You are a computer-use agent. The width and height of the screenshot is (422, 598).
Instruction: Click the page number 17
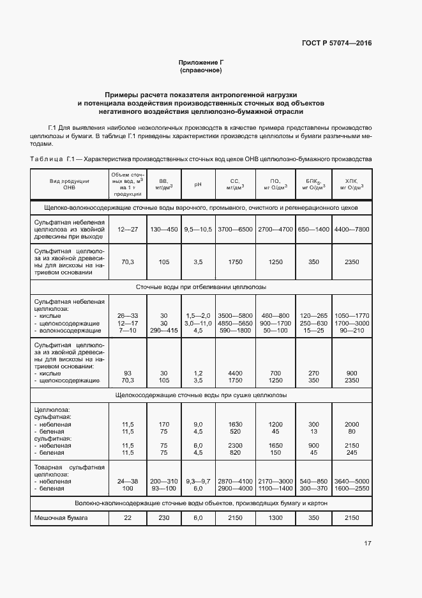368,544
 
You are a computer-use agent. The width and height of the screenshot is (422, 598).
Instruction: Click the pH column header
198,184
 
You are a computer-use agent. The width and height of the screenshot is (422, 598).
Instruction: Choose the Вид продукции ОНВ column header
69,184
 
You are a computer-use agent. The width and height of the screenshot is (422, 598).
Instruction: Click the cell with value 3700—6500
235,229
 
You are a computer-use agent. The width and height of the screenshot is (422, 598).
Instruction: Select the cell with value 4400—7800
352,229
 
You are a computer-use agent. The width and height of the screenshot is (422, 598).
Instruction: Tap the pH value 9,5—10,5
198,229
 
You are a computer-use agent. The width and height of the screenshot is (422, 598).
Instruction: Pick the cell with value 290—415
163,331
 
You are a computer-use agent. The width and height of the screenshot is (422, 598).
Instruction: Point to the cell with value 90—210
352,331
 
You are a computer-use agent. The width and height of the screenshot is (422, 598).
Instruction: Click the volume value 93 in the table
128,373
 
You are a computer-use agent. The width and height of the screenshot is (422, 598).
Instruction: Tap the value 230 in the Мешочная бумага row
163,517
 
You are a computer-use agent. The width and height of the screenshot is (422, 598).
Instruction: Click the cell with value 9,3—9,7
198,481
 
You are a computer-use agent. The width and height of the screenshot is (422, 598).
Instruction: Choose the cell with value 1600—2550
352,489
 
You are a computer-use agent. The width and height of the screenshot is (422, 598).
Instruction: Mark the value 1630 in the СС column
235,424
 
